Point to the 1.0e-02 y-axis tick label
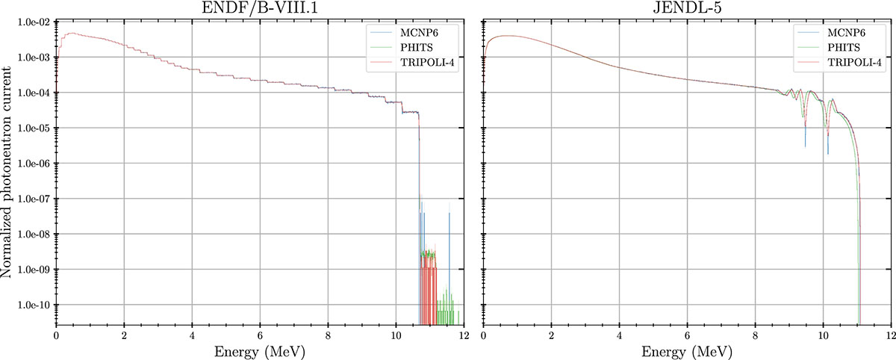[x=31, y=22]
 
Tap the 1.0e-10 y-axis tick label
[x=31, y=305]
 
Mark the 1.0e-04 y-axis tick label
[x=31, y=93]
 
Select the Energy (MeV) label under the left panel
[x=259, y=350]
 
